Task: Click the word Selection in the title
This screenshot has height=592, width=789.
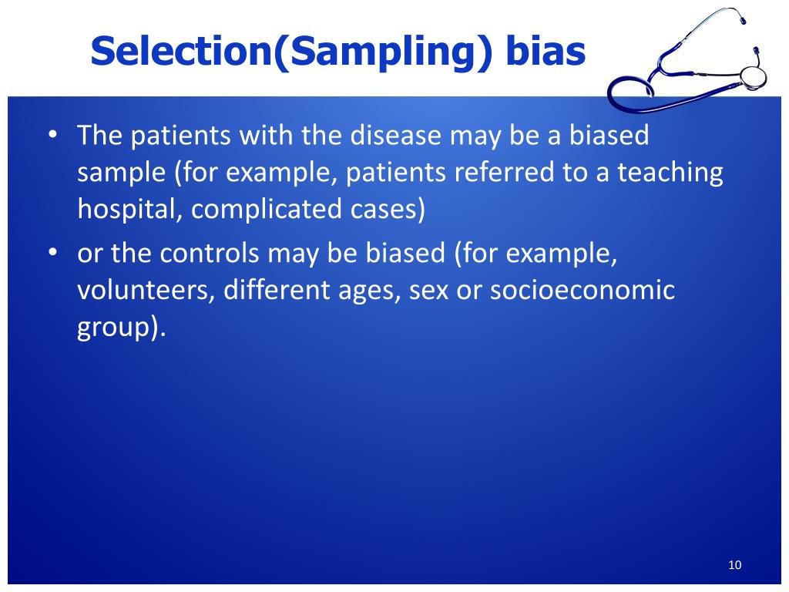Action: [181, 51]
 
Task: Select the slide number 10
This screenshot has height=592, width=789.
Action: [734, 565]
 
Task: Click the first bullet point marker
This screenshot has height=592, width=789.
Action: [53, 135]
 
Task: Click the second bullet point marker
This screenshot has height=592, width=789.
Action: [53, 252]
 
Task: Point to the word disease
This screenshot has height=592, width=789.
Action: [395, 135]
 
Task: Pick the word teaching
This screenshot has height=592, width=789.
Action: [670, 173]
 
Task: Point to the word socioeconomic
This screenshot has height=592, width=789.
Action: [583, 290]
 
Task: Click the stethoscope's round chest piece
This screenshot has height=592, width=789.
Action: [754, 76]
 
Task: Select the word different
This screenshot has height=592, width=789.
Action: [277, 290]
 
